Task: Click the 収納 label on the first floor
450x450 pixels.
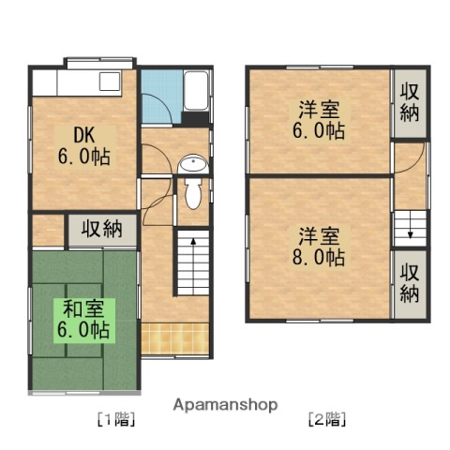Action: point(102,229)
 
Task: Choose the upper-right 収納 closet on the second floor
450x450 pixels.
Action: point(410,103)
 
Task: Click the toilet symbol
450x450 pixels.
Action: point(193,193)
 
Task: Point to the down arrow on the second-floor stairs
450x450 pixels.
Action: point(409,228)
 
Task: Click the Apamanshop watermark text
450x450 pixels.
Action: point(225,405)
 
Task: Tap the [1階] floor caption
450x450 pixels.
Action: point(116,419)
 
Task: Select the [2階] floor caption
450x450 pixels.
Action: point(328,419)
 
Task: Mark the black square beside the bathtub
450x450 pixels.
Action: point(196,119)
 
